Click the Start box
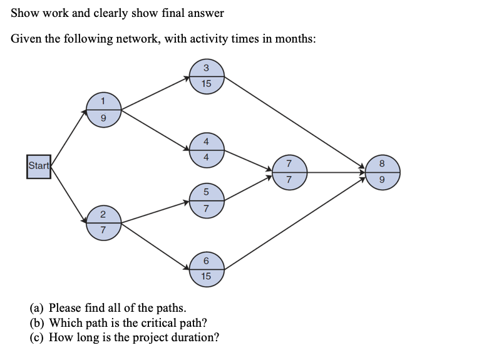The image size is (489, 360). tap(38, 166)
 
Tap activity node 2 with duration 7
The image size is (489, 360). tap(103, 222)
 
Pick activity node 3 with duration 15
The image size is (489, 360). tap(207, 76)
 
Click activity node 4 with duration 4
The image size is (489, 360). tap(207, 149)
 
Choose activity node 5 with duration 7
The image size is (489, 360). tap(207, 199)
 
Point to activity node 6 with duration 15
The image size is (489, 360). tap(207, 267)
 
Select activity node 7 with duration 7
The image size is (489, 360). tap(289, 172)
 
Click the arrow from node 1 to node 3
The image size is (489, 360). tap(155, 93)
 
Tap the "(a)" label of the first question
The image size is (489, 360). tap(38, 307)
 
